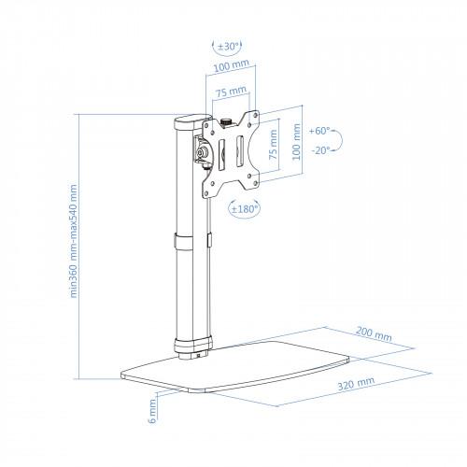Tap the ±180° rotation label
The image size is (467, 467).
coord(246,208)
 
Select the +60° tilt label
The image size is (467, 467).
coord(319,131)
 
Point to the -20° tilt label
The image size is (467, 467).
coord(320,150)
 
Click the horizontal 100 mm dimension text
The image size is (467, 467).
coord(232,65)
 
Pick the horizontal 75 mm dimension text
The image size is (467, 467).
coord(231,92)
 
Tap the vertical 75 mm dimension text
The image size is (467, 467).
coord(273,145)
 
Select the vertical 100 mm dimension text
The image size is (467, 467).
coord(297,142)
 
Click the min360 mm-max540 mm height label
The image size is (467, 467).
coord(73,241)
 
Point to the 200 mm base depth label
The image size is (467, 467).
coord(374,333)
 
